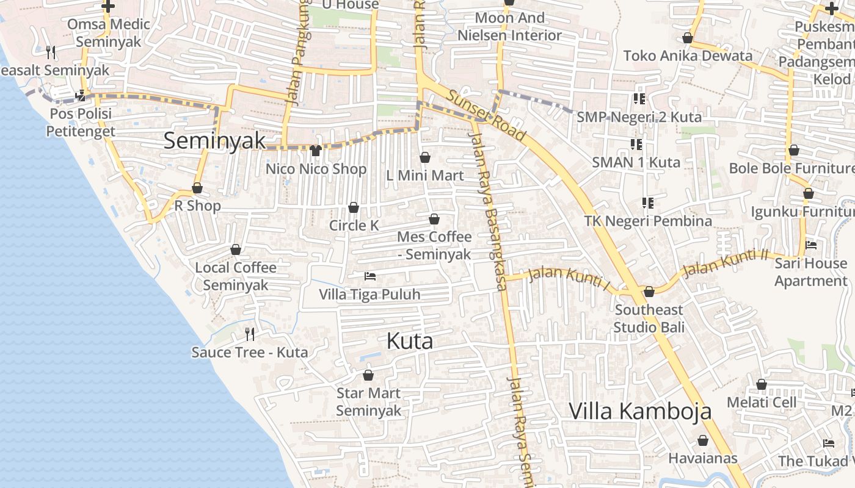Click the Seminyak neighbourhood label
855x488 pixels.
(215, 141)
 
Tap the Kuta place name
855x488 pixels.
(410, 341)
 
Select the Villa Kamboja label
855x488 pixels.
(640, 411)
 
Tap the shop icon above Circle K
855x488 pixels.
(354, 208)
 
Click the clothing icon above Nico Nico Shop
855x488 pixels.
(316, 150)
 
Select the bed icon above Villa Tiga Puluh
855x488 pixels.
(369, 276)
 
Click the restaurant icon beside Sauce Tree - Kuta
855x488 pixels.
(249, 334)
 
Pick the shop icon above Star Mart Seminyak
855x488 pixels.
(368, 375)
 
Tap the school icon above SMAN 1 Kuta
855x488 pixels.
(636, 145)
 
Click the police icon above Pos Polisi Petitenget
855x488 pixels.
(81, 96)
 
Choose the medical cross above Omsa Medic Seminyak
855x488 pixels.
(108, 7)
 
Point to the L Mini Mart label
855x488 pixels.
(425, 176)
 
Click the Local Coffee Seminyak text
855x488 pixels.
(236, 276)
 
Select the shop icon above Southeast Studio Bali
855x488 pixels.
(649, 292)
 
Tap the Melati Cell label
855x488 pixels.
(762, 403)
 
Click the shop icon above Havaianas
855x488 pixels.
(703, 440)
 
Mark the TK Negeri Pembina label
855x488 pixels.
(648, 221)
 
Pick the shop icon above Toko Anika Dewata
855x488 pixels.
(688, 38)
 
